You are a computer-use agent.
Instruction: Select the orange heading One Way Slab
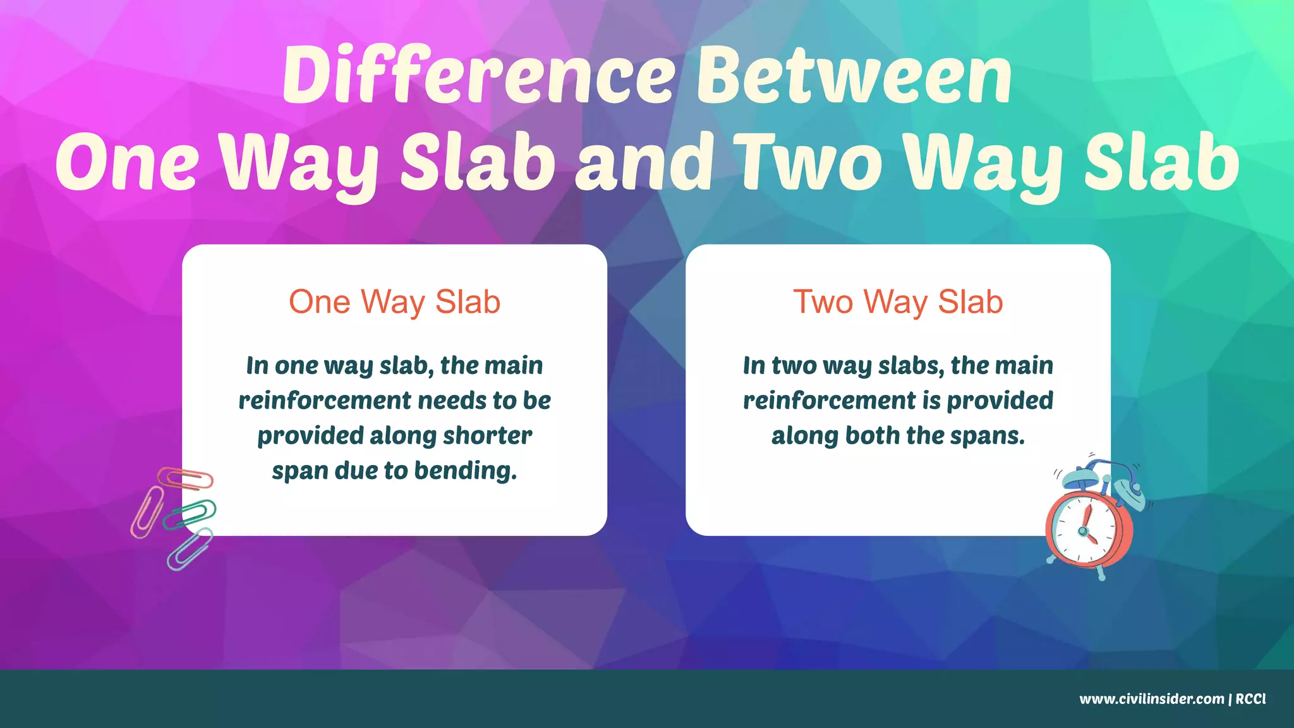coord(394,302)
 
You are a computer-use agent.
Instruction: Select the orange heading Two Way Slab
coord(898,302)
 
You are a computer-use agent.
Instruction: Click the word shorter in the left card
coord(487,435)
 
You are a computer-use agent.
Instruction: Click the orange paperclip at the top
coord(186,478)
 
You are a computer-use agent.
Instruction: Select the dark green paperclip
coord(190,514)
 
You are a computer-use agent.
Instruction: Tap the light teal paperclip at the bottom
coord(190,549)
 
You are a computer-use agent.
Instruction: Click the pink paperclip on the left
coord(147,512)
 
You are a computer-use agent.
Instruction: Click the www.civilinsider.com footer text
coord(1151,699)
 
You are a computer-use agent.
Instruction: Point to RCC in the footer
coord(1250,699)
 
